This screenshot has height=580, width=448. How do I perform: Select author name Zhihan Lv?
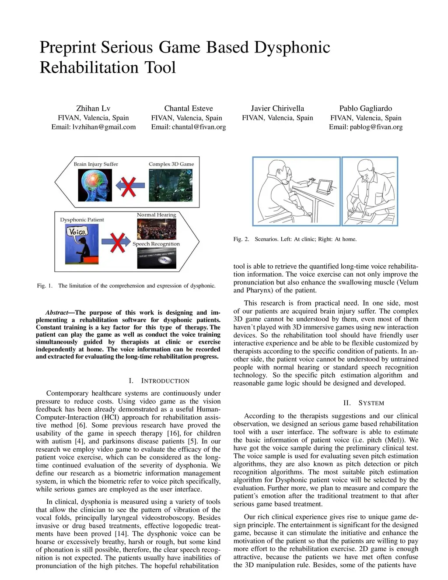coord(93,108)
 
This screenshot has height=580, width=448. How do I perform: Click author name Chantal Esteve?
coord(189,108)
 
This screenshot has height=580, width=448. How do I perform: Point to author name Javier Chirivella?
coord(277,108)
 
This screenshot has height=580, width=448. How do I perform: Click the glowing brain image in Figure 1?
coord(95,185)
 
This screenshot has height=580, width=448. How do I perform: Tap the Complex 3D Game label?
coord(171,164)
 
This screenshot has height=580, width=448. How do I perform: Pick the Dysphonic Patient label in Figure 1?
coord(82,220)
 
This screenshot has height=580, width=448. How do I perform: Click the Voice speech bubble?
coord(77,232)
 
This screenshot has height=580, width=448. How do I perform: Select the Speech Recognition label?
coord(156,244)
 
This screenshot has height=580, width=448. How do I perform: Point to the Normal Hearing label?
coord(156,215)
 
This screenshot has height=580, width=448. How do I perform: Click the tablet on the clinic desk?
coord(324,186)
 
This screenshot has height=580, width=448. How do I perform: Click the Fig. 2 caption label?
coord(241,239)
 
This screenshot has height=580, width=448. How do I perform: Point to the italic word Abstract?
coord(57,313)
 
